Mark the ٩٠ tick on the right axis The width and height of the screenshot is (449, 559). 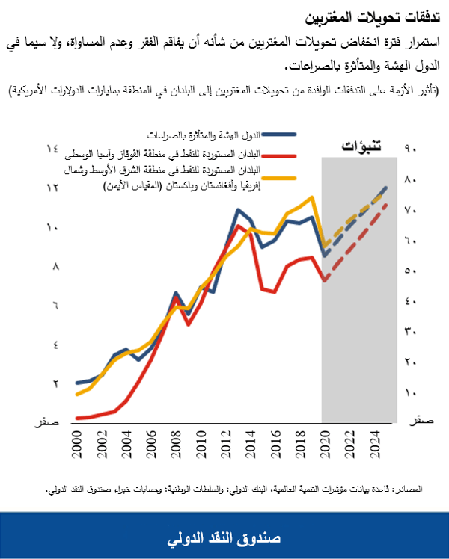[x=410, y=149]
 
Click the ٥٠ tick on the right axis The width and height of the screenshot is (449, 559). [x=410, y=271]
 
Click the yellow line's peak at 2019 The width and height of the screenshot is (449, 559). [x=311, y=197]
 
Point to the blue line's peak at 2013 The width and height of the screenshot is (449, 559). [x=237, y=210]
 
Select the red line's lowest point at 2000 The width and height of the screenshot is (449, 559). [x=76, y=418]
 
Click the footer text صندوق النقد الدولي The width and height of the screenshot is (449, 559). [x=224, y=537]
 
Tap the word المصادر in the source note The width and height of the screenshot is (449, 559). [x=407, y=489]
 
